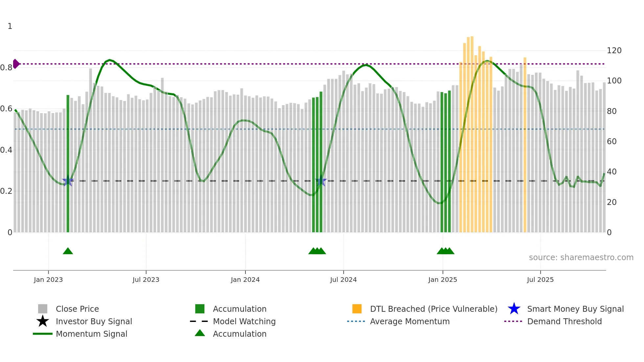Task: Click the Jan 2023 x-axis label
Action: point(48,280)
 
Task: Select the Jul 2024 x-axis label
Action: point(343,280)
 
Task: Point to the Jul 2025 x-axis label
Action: point(540,280)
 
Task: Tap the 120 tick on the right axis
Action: point(614,51)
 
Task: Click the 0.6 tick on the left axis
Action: point(6,109)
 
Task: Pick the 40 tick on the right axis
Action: point(611,172)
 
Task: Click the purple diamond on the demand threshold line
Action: point(16,64)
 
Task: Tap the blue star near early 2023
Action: point(68,181)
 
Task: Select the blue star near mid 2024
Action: point(321,181)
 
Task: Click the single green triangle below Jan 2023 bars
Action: point(68,251)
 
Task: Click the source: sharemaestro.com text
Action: point(581,258)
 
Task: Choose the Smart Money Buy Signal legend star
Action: point(514,309)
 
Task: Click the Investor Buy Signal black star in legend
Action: point(43,321)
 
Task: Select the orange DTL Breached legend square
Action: point(357,309)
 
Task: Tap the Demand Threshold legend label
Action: point(564,321)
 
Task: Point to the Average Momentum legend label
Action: point(410,321)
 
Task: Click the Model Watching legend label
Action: point(244,321)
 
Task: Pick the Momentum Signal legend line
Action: point(43,334)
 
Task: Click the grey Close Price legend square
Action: point(43,309)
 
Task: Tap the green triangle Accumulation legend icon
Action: point(200,333)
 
